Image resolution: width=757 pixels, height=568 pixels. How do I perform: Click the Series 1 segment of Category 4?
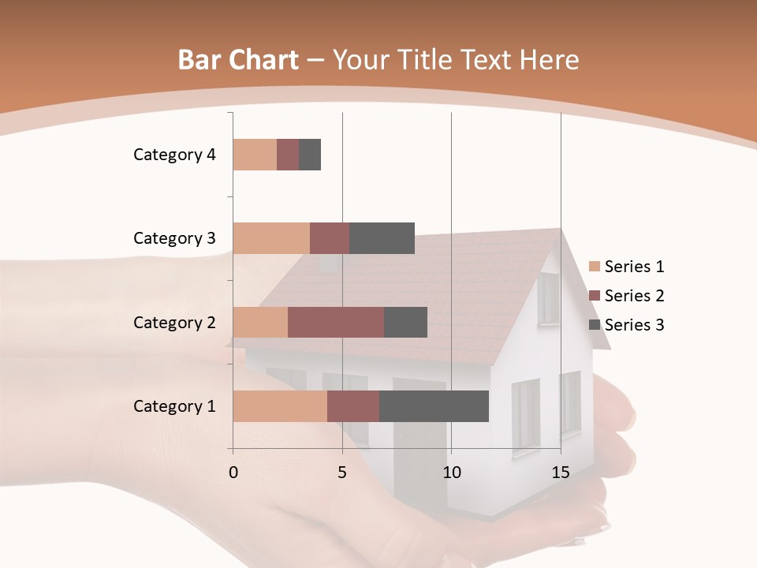255,155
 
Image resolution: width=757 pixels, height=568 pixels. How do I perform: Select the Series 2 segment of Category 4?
288,155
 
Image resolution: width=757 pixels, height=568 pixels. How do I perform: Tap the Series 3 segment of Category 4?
310,155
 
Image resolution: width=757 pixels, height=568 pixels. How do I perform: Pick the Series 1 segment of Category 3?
271,238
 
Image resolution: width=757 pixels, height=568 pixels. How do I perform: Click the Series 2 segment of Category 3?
330,238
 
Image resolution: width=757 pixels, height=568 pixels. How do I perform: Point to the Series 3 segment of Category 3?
382,238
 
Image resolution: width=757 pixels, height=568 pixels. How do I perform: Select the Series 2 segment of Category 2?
336,322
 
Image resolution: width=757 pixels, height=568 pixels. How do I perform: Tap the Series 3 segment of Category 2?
405,322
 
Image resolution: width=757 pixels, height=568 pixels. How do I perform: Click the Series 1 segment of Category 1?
280,406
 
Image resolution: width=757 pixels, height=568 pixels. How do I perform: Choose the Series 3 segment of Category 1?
434,406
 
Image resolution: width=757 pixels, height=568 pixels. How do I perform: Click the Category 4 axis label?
174,155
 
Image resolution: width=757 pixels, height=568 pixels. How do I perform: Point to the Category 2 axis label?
174,322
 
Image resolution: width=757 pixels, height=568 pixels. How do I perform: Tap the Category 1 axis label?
174,406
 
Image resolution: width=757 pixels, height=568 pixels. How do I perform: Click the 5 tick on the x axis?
342,473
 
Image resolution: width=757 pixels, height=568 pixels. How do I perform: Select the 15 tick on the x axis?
561,473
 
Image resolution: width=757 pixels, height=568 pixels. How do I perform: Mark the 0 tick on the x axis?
233,473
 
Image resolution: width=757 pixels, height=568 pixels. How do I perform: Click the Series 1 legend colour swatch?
595,267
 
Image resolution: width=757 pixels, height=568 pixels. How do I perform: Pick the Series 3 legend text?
634,325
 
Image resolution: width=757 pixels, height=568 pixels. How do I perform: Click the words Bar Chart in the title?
238,60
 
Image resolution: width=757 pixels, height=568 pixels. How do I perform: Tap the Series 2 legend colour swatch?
595,296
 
